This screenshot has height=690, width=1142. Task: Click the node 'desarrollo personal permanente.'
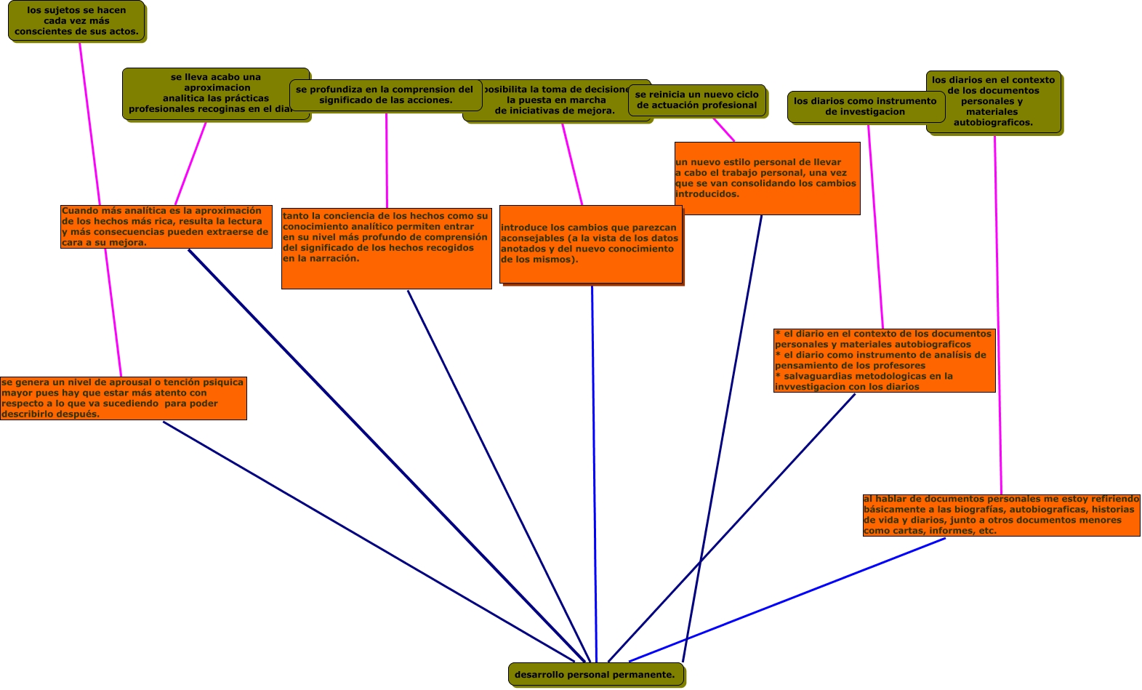[x=595, y=674]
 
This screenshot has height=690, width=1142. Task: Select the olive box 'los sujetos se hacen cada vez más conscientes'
[x=76, y=21]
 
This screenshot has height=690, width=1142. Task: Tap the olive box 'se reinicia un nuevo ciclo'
[x=696, y=100]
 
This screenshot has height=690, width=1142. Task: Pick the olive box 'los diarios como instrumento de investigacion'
[x=865, y=107]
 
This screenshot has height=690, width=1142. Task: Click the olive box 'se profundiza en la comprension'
[x=385, y=95]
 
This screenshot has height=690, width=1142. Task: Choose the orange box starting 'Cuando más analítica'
[x=166, y=227]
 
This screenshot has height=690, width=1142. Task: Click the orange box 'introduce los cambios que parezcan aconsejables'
[x=590, y=244]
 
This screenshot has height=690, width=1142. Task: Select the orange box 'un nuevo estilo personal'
[x=767, y=178]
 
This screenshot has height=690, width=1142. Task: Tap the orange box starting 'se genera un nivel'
[x=123, y=398]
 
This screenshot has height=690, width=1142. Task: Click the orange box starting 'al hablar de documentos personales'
[x=1001, y=516]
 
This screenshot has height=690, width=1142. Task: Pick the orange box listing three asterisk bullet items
[x=884, y=361]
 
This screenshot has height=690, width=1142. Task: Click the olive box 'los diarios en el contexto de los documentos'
[x=993, y=102]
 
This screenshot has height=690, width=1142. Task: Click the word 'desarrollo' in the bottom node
[x=539, y=675]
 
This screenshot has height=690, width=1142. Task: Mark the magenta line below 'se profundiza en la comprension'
[x=387, y=160]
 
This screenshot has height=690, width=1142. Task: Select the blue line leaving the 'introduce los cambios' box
[x=594, y=473]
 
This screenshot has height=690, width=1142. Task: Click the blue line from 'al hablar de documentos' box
[x=785, y=600]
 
